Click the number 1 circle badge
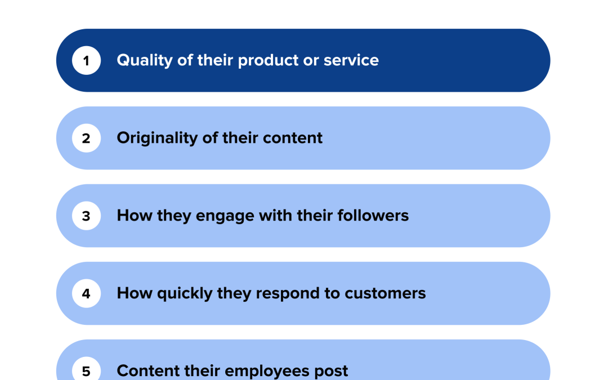[86, 61]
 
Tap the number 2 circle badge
[86, 138]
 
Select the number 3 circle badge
[86, 216]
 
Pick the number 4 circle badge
[86, 294]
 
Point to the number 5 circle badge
[86, 371]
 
